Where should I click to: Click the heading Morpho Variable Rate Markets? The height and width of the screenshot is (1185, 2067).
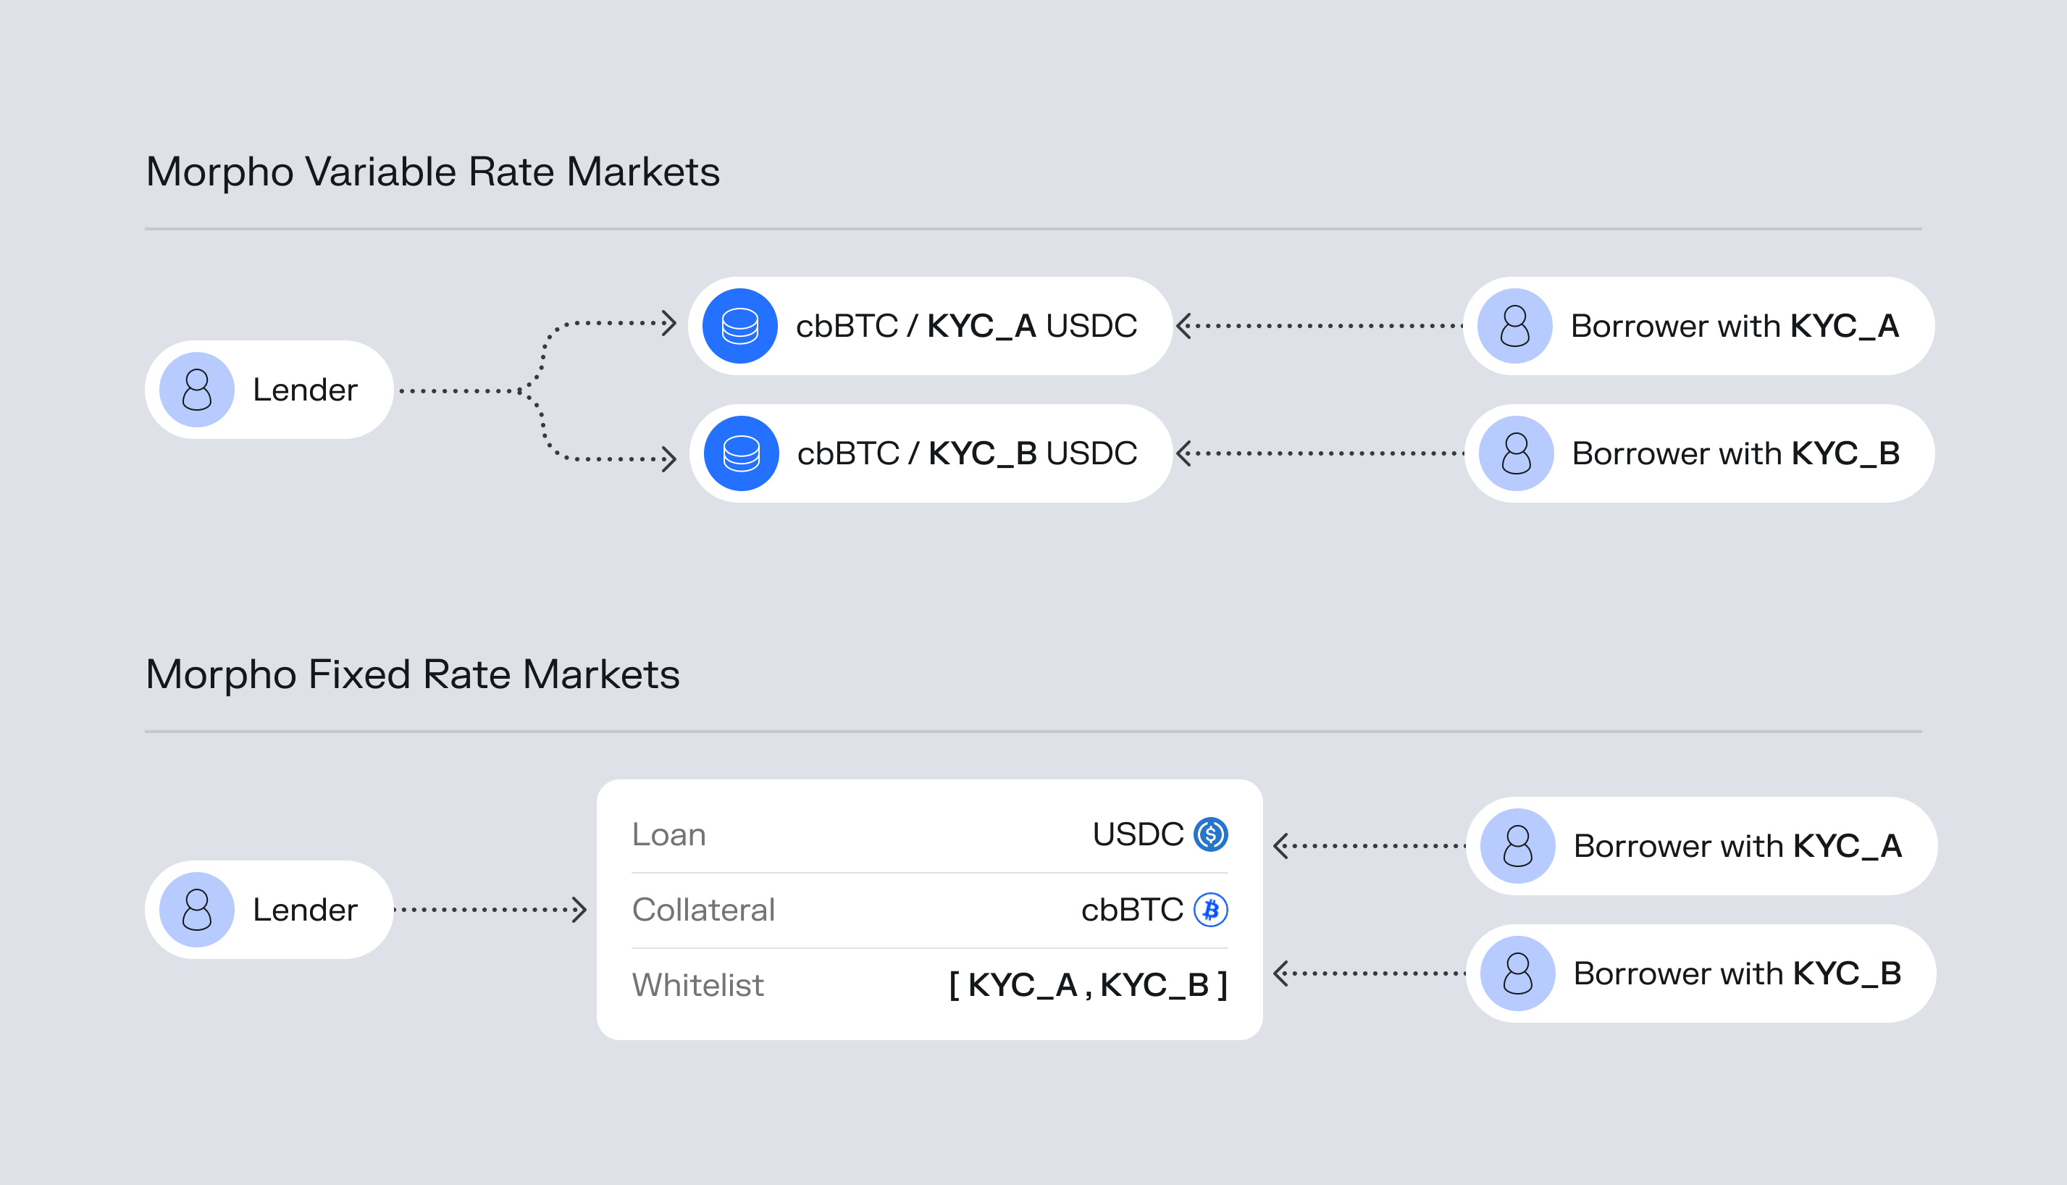coord(433,172)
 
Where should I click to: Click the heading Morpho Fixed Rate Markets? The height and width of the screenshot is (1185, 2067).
coord(413,674)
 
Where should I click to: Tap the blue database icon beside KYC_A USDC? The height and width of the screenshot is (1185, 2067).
coord(739,325)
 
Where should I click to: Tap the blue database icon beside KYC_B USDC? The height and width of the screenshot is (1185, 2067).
coord(742,453)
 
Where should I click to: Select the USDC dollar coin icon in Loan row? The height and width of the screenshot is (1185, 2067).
coord(1210,834)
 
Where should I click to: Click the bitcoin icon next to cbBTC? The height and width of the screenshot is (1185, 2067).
coord(1210,909)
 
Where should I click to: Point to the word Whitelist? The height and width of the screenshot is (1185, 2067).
coord(698,985)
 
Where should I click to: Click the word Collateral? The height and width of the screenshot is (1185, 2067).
coord(704,909)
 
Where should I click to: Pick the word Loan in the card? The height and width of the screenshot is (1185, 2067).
coord(669,834)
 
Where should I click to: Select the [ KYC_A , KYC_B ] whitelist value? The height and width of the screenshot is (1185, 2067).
coord(1088,985)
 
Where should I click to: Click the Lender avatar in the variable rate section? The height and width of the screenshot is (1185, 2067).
coord(197,390)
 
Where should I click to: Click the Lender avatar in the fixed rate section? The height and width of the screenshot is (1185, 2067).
coord(197,909)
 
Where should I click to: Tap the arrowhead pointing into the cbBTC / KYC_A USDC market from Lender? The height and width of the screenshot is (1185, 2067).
coord(669,323)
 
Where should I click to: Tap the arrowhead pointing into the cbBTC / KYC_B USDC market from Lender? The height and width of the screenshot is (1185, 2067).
coord(669,459)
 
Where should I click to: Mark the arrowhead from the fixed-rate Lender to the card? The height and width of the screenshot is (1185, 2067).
coord(579,909)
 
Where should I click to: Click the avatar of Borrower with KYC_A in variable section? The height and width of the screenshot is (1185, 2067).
coord(1515,325)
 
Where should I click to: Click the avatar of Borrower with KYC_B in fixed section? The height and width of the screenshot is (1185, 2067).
coord(1518,973)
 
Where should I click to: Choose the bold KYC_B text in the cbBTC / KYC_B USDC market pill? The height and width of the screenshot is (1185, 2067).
coord(982,454)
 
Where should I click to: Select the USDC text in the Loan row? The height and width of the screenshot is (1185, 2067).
coord(1138,834)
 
